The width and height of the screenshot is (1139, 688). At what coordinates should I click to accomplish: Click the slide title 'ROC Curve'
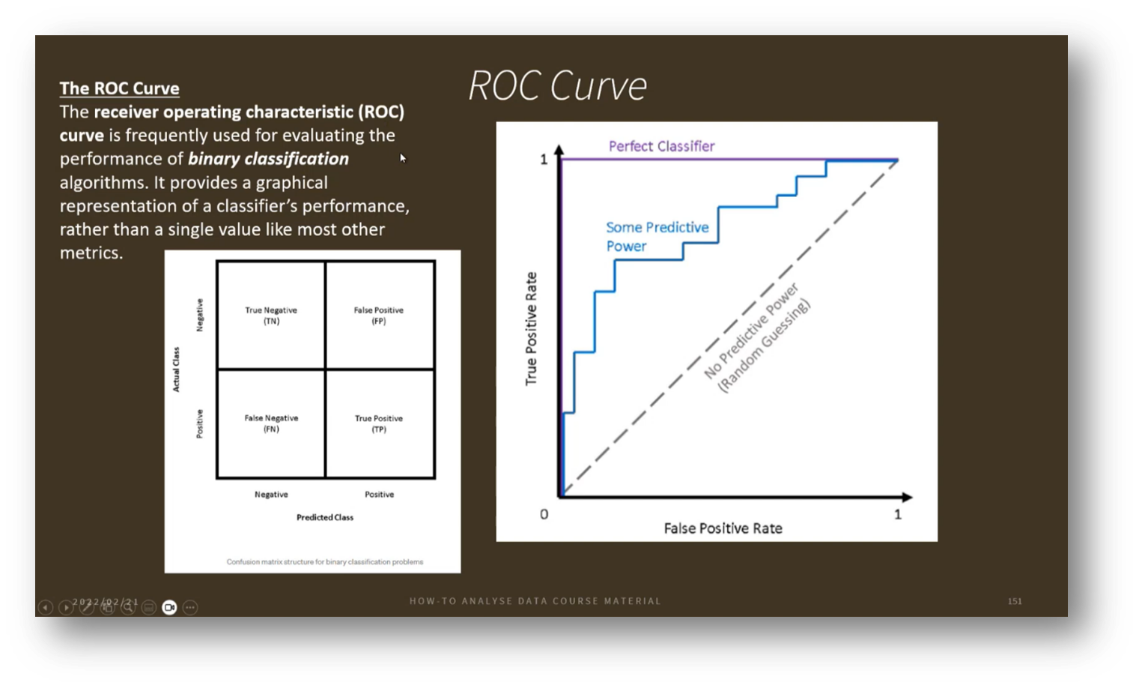pos(557,85)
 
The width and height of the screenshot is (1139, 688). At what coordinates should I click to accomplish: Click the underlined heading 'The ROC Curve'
pos(119,88)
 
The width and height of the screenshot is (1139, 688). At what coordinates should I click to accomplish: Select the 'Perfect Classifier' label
pos(661,146)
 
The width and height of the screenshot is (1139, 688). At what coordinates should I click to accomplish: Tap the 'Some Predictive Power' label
pos(657,236)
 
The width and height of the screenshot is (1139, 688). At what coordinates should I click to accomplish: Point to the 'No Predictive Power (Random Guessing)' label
pos(757,338)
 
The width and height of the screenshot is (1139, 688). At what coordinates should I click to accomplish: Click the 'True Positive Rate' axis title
pos(532,328)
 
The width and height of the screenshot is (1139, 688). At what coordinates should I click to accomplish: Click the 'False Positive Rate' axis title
pos(723,528)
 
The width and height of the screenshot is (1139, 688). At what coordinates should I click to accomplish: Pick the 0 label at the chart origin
pos(544,514)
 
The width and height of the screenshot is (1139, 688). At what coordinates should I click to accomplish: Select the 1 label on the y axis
pos(544,160)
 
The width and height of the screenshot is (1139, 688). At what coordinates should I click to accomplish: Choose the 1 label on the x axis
pos(897,514)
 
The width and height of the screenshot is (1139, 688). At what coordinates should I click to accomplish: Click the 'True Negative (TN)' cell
pos(271,315)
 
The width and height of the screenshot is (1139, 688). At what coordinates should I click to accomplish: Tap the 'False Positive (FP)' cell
pos(379,315)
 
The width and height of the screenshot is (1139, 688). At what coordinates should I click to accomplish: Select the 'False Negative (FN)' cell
pos(271,423)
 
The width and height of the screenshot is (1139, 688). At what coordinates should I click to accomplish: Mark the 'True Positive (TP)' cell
pos(379,423)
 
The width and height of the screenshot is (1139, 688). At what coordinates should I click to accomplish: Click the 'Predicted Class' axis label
pos(325,517)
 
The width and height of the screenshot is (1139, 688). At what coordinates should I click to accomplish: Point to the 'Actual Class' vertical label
pos(176,369)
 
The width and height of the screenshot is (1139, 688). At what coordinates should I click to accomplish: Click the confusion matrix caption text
pos(325,561)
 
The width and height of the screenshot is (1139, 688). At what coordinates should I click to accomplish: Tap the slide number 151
pos(1015,601)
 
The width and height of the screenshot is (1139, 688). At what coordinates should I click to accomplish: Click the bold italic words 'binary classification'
pos(268,159)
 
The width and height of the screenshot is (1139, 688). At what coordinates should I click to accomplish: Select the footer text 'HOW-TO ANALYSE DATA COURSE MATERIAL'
pos(535,601)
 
